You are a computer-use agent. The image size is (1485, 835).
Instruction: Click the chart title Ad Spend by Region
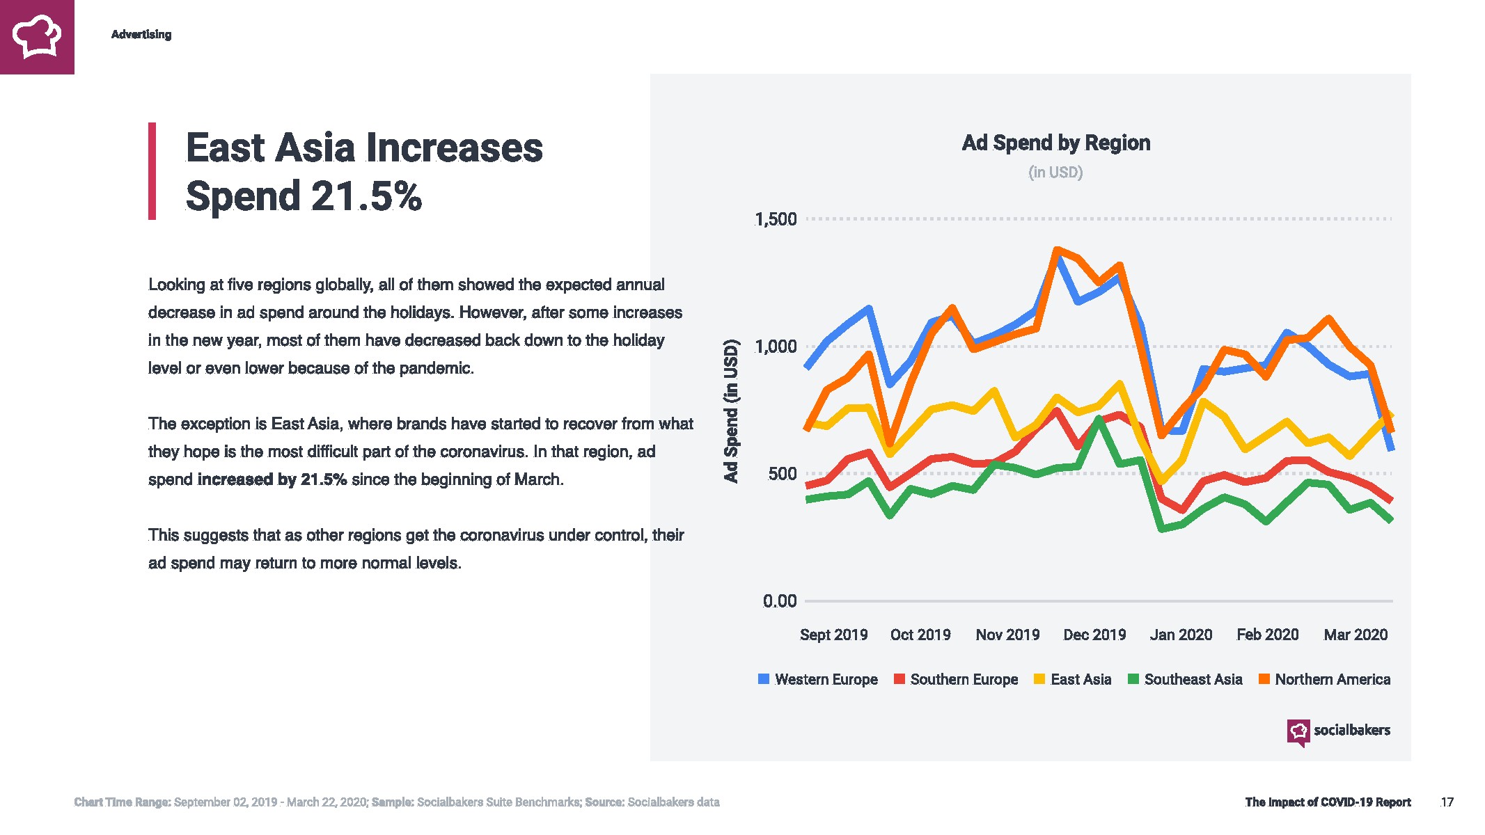1055,143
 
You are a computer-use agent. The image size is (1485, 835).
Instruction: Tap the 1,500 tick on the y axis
776,219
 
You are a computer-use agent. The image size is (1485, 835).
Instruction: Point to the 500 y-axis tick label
782,474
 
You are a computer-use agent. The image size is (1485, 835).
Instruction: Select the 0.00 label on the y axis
780,601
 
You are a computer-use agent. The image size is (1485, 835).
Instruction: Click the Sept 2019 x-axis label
833,635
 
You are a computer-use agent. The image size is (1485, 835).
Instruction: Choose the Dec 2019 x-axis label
1094,635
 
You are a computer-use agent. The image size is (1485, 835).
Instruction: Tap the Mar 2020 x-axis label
1355,635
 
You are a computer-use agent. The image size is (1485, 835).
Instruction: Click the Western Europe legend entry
818,679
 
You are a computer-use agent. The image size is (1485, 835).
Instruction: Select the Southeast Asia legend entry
1185,679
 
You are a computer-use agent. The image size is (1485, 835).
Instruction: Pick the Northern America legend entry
1325,679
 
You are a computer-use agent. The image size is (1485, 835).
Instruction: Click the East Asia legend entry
1073,679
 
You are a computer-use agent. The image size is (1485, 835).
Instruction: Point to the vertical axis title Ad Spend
730,411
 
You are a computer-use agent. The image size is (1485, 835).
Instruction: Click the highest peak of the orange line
1057,250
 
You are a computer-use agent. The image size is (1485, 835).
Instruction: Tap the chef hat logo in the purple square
37,37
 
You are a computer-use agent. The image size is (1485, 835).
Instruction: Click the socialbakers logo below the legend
1338,731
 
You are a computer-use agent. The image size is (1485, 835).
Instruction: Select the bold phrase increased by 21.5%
272,479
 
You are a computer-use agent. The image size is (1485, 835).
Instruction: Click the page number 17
1447,802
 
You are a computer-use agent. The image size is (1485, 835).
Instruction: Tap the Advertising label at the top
141,35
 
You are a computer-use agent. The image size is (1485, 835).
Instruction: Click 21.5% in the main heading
366,196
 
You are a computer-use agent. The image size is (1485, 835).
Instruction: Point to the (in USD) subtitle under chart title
1055,173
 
